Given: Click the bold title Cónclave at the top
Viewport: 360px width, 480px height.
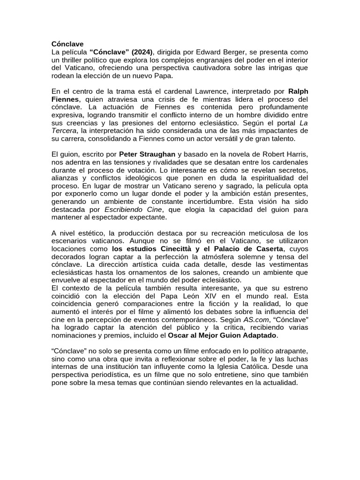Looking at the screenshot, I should click(x=67, y=44).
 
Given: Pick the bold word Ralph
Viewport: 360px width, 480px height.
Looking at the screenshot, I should click(x=298, y=91).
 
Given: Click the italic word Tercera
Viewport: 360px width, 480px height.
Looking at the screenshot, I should click(x=65, y=131).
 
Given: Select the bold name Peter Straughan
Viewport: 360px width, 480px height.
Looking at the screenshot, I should click(x=147, y=154).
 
